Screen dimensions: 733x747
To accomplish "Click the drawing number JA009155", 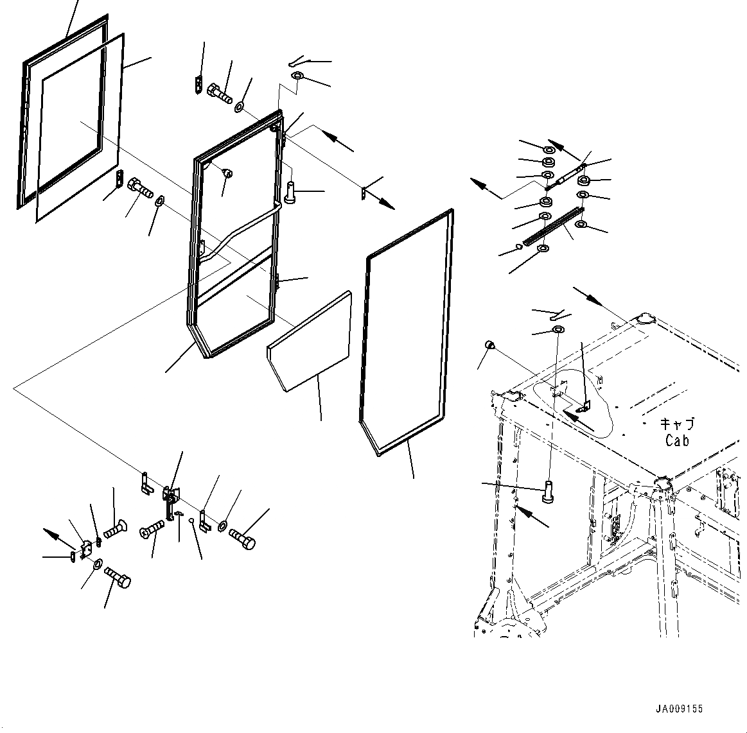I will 679,709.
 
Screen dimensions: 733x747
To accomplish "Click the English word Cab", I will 677,440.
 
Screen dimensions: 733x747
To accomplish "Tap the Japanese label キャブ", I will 677,424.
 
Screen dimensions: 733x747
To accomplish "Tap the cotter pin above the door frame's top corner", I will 299,62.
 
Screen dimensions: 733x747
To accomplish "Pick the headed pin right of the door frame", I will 290,191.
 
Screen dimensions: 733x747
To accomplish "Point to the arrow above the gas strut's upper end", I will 563,150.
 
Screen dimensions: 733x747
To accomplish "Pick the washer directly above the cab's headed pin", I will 558,330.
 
